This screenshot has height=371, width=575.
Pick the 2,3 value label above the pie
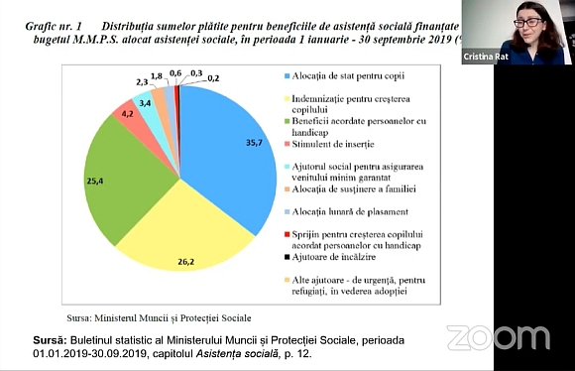pos(142,83)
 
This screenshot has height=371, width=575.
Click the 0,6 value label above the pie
pos(175,72)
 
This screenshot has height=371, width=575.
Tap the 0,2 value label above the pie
pos(214,77)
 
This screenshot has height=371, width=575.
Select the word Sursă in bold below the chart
pos(24,340)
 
